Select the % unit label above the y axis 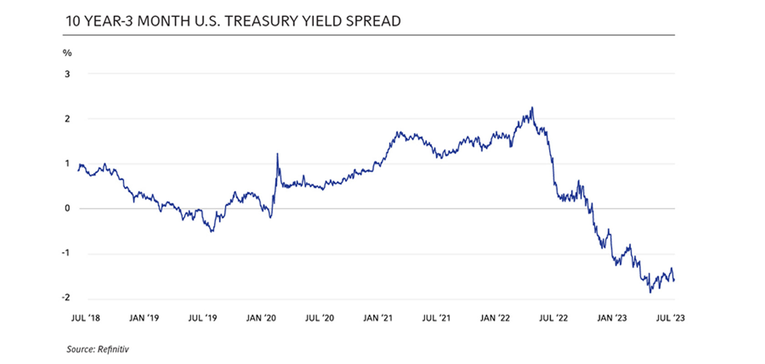point(67,53)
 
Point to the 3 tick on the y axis point(67,74)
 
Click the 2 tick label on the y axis point(67,119)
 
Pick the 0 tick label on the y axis point(67,208)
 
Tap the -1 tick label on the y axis point(66,253)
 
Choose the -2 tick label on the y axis point(66,298)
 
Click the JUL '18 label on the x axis point(86,318)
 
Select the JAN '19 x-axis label point(144,318)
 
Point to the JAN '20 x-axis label point(261,318)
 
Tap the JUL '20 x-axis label point(319,318)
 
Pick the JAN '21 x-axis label point(377,318)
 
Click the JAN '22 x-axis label point(495,318)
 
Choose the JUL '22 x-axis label point(554,318)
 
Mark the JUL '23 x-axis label point(670,318)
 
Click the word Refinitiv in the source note point(113,349)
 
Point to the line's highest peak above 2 point(532,108)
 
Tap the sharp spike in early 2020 point(277,154)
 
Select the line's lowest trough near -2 point(650,292)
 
